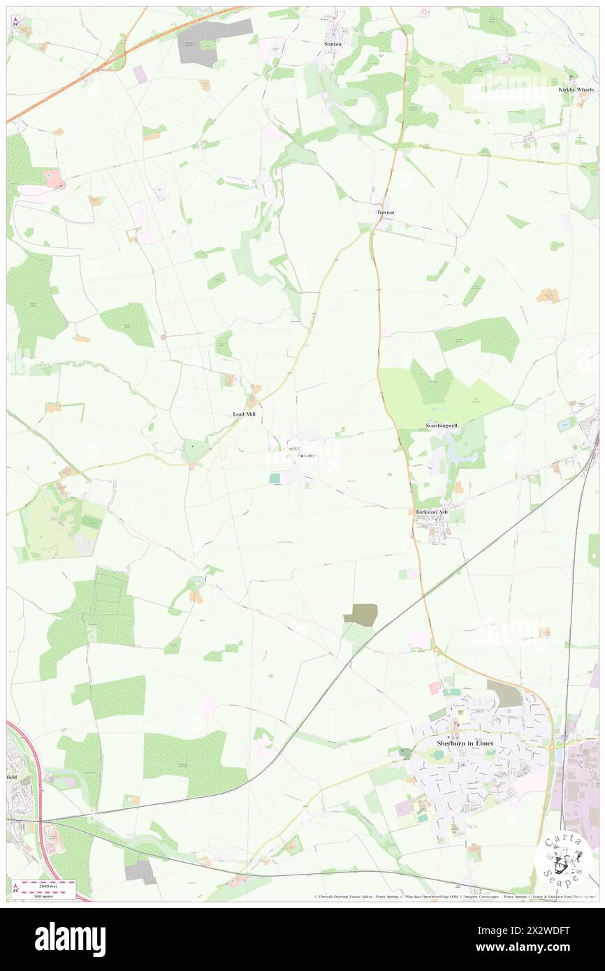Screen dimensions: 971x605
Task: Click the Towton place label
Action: [386, 212]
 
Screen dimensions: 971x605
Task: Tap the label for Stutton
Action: [333, 44]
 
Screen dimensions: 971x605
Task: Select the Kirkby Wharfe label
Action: [576, 89]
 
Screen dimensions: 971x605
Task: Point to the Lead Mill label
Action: [244, 414]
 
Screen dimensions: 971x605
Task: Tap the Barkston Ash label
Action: [432, 512]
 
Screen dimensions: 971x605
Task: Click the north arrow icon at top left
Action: [15, 22]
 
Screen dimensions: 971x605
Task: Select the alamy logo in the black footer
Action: [70, 939]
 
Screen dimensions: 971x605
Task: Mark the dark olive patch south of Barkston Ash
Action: [360, 614]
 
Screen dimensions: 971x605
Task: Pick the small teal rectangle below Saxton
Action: [275, 478]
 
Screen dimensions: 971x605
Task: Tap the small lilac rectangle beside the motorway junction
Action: [140, 74]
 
